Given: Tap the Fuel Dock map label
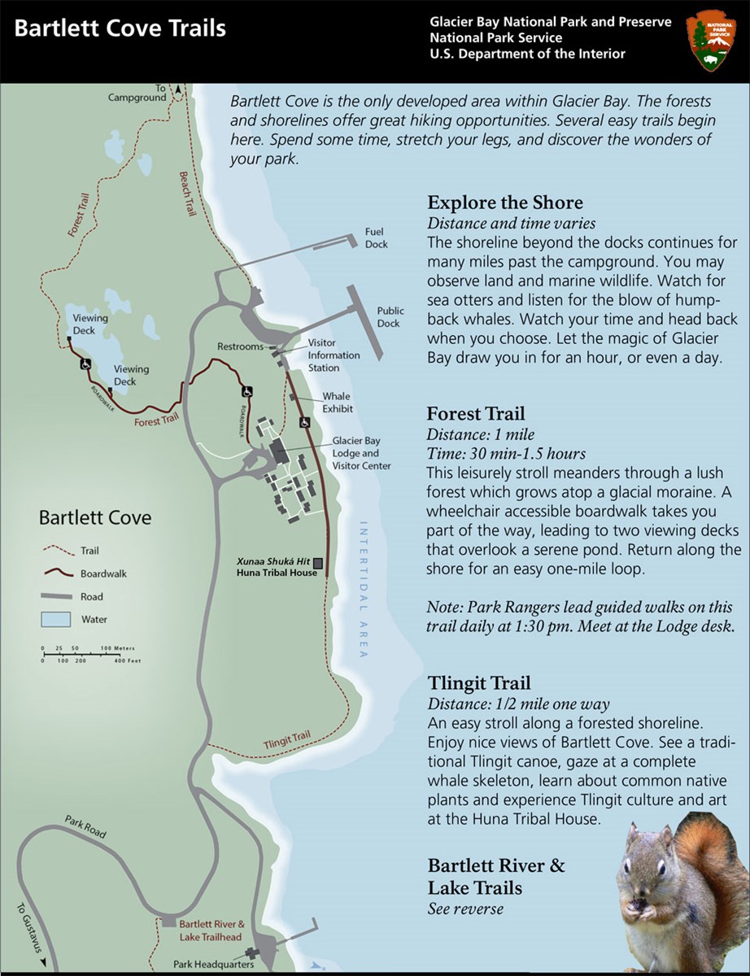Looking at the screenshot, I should coord(376,238).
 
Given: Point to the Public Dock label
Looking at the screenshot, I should coord(389,317).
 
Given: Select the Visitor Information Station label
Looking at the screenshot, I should coord(334,355).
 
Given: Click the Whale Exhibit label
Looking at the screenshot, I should coord(337,403).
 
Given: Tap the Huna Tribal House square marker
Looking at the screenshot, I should coord(317,563).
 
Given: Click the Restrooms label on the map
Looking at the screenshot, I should coord(240,346).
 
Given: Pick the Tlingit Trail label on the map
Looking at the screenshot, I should coord(287,741).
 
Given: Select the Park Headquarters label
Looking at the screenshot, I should coord(213,965).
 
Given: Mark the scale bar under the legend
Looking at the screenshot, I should coord(89,655).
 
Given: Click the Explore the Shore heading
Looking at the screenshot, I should coord(504,203).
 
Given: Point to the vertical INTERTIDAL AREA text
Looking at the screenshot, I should coord(363,589).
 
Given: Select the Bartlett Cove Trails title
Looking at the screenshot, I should coord(120,29).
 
